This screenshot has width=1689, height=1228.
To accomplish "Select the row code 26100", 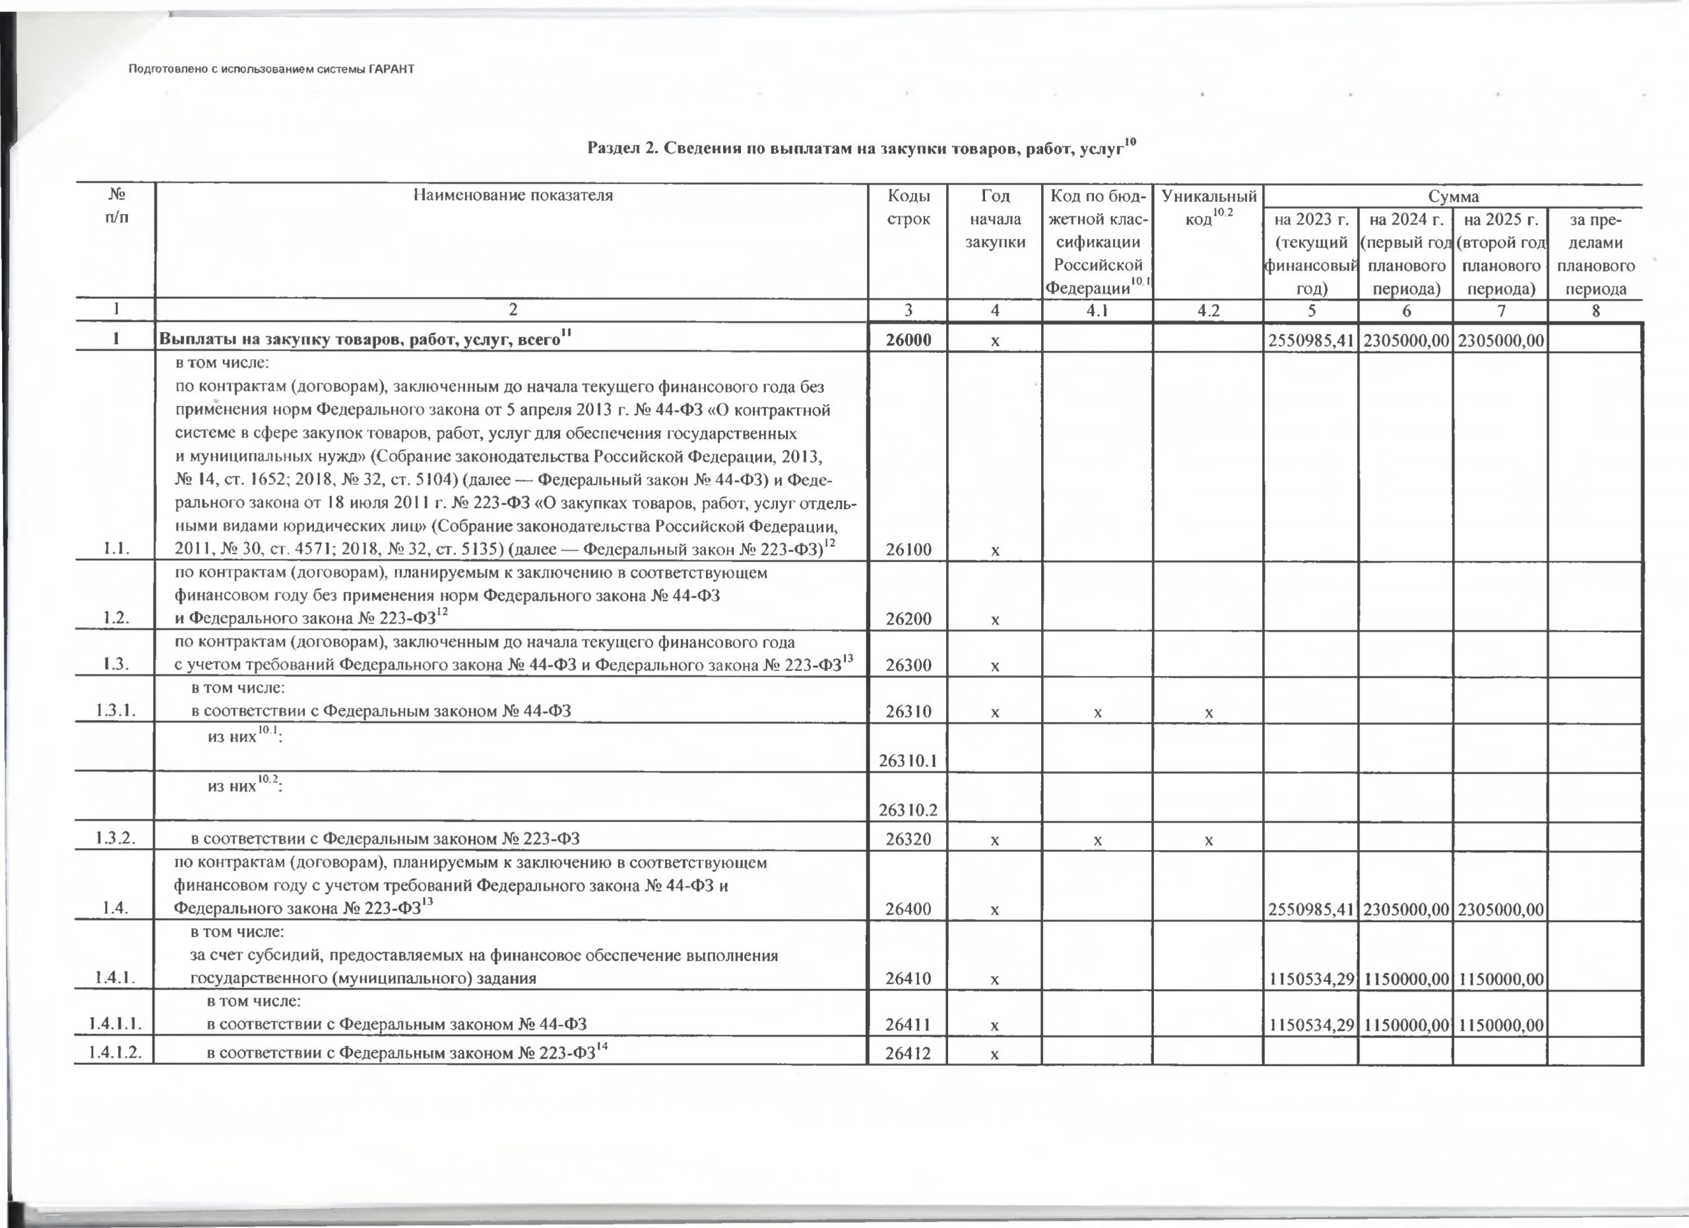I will pyautogui.click(x=908, y=550).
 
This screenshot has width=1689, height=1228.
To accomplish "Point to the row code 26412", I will pyautogui.click(x=908, y=1054).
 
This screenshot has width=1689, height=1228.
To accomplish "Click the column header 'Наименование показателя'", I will pyautogui.click(x=513, y=196).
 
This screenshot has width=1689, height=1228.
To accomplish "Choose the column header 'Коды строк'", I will pyautogui.click(x=908, y=208).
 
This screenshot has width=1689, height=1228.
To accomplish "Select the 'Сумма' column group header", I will pyautogui.click(x=1452, y=197).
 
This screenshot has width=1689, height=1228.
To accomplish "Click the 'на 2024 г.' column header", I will pyautogui.click(x=1406, y=220).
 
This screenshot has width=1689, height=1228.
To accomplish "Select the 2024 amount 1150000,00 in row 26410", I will pyautogui.click(x=1406, y=978).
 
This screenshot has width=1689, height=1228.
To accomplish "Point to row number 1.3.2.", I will pyautogui.click(x=115, y=839).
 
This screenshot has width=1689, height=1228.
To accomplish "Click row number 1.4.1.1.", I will pyautogui.click(x=115, y=1025).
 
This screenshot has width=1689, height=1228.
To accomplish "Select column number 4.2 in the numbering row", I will pyautogui.click(x=1207, y=311).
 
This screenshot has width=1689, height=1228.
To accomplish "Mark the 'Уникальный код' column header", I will pyautogui.click(x=1208, y=208).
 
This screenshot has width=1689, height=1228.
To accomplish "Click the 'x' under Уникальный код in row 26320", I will pyautogui.click(x=1209, y=840).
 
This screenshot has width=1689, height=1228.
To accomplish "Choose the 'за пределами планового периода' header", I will pyautogui.click(x=1595, y=254).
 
